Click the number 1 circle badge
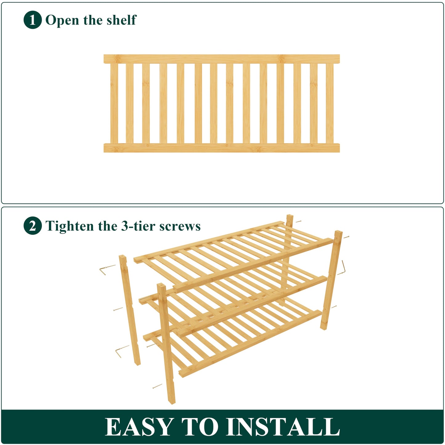32,20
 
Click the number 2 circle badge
32,226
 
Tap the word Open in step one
62,20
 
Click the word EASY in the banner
139,427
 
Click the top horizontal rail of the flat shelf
221,59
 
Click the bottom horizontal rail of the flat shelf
221,148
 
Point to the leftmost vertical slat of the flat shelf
114,103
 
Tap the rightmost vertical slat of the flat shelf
330,103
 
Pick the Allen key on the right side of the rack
342,268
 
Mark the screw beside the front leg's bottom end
157,386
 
